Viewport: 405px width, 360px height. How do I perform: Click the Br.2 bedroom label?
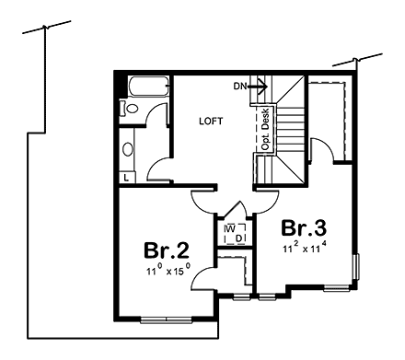[x=167, y=250]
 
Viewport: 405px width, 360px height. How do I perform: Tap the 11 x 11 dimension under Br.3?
[x=305, y=248]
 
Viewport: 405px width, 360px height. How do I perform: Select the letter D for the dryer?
[x=238, y=238]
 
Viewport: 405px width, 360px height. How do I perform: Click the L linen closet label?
[x=125, y=176]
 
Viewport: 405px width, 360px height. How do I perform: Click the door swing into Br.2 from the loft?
[x=202, y=199]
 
